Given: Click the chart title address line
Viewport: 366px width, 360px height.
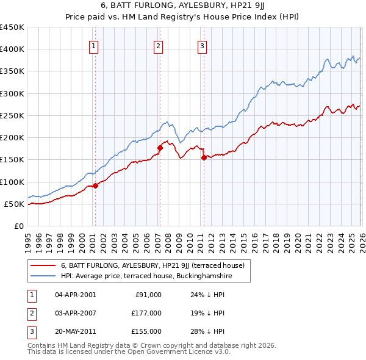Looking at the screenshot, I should coord(183,7).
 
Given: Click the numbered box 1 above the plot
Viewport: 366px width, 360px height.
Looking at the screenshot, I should coord(94,45).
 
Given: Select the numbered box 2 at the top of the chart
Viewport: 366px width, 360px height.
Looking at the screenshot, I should coord(159,45).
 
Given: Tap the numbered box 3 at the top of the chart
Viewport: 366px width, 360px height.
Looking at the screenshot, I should coord(203,45).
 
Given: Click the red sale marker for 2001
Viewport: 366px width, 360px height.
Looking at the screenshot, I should coord(95,185).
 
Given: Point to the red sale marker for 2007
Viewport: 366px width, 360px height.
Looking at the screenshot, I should coord(160,148).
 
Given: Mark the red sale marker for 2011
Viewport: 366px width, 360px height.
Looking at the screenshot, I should coord(204,157).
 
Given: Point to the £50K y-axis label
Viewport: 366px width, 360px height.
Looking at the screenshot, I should coord(14,204).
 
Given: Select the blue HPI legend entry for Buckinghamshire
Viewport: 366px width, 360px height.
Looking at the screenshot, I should coord(146,276).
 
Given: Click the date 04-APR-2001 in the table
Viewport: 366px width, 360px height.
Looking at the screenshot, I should coord(76,295).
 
